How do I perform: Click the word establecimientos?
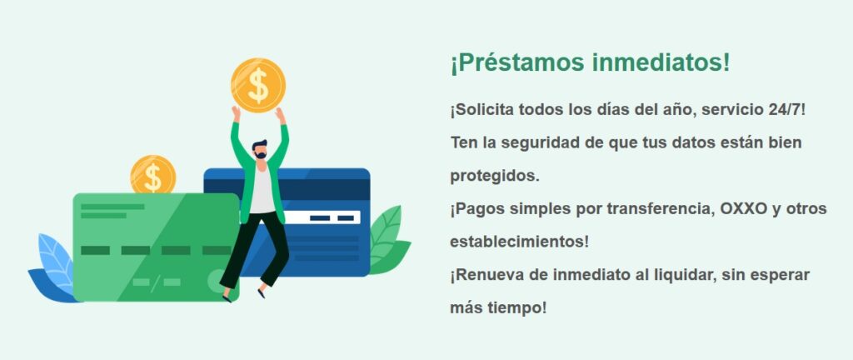518,242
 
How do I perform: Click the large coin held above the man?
258,84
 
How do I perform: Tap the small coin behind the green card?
153,175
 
